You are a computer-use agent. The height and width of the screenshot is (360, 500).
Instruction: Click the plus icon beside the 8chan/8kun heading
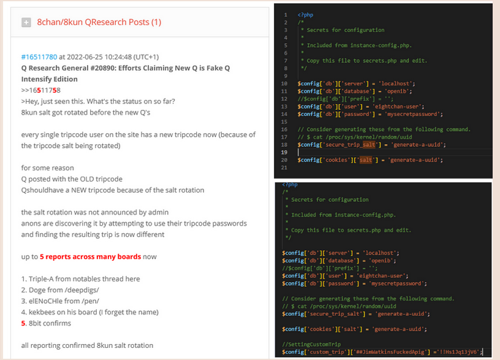(x=26, y=22)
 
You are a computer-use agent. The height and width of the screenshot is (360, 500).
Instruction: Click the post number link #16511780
(x=39, y=57)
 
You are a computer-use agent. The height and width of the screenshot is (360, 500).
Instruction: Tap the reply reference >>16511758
(x=41, y=90)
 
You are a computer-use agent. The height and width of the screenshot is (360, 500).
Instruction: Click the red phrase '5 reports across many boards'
(x=90, y=257)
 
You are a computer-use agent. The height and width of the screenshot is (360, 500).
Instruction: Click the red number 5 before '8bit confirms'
(x=23, y=323)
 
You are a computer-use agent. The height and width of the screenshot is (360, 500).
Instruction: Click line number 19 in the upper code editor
(x=284, y=152)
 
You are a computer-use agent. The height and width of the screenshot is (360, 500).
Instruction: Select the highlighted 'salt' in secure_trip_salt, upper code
(x=369, y=145)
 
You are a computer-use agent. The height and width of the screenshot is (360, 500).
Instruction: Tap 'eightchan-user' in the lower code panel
(x=381, y=276)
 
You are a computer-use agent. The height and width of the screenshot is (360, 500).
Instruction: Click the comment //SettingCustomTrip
(x=311, y=345)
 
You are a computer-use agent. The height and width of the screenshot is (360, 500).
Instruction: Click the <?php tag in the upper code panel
(x=306, y=15)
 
